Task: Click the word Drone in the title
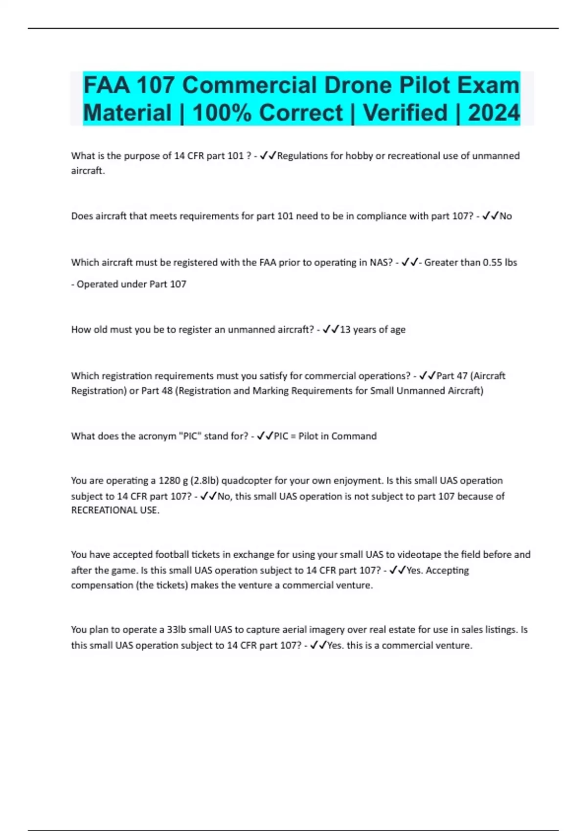(359, 86)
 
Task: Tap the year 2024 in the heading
(494, 113)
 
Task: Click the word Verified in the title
(405, 113)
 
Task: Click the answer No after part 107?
(505, 216)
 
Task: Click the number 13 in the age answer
(345, 329)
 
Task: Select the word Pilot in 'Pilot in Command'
(308, 436)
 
